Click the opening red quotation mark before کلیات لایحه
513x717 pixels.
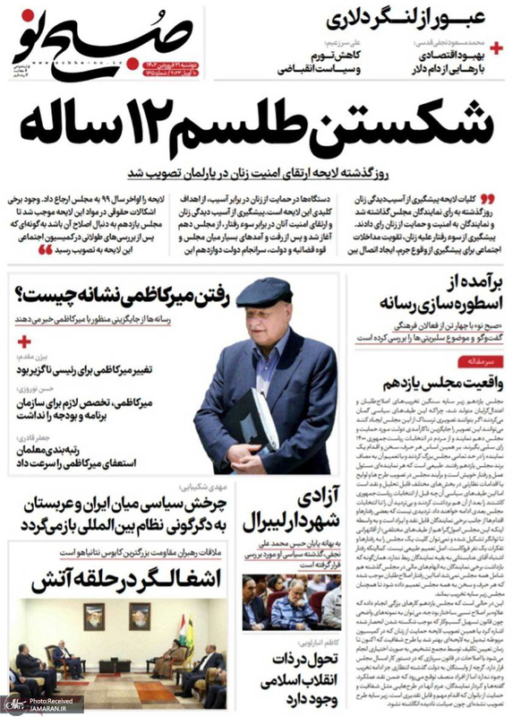[x=487, y=198]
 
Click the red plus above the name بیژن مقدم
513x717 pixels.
[x=24, y=342]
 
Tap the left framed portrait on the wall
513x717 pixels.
[x=93, y=618]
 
